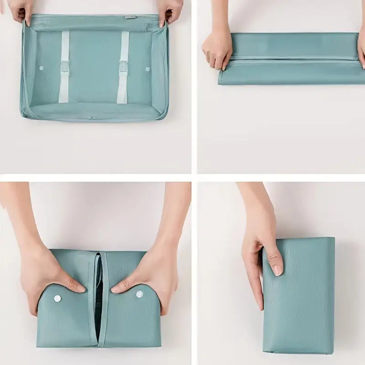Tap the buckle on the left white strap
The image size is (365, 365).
coord(65,68)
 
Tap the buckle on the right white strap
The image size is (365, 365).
coord(123,67)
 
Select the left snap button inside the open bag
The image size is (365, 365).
coord(41,68)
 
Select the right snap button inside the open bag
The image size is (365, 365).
coord(147,69)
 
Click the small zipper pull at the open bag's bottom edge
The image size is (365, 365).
coord(92,116)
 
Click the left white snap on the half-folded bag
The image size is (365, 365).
coord(57,298)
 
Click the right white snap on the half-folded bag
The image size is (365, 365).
coord(139,294)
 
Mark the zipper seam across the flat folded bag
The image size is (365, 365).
coord(292,59)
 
